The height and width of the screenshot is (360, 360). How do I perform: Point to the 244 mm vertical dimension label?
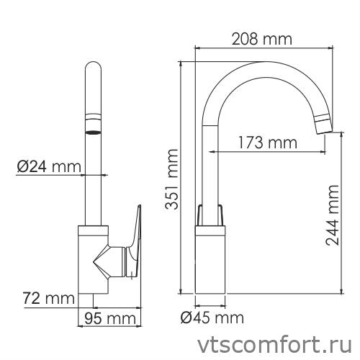click(333, 215)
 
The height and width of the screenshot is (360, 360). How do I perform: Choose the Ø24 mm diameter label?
click(49, 168)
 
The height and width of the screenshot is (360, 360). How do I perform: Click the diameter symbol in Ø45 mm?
click(184, 318)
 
